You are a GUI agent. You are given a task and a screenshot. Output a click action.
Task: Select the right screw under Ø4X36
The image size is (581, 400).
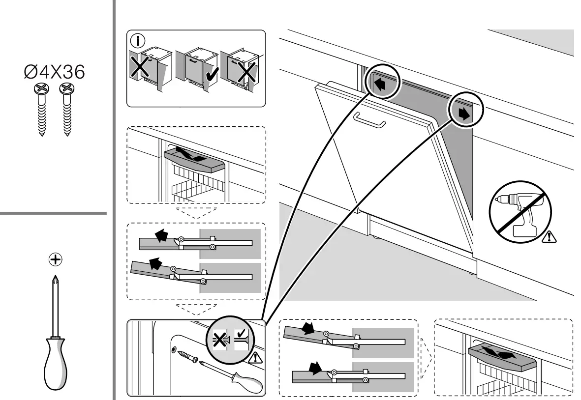65,109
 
